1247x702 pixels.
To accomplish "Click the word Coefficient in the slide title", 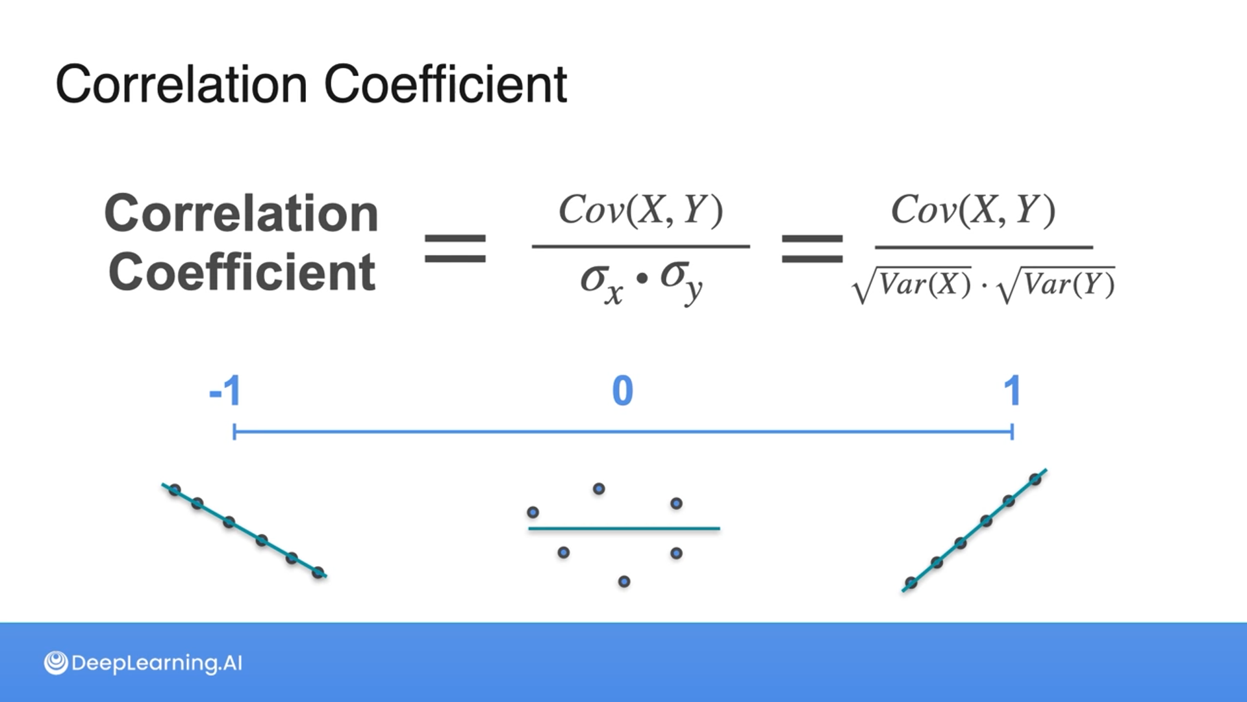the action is point(446,84).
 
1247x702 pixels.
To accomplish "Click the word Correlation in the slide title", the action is point(181,84).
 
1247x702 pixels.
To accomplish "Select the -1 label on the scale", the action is point(225,391).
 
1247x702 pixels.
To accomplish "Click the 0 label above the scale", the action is point(622,391).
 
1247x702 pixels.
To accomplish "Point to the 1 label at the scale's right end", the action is point(1012,391).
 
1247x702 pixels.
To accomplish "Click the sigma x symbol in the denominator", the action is point(601,283).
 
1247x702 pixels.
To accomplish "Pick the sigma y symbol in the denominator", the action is point(681,281).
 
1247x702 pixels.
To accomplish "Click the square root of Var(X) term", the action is point(912,285).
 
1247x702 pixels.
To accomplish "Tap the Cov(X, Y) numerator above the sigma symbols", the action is point(640,210).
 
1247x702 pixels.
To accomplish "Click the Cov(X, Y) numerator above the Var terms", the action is point(973,210).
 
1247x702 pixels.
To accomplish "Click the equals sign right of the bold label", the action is point(455,248).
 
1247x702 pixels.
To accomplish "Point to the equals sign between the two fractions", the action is point(812,248).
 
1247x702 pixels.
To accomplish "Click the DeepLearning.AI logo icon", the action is point(56,663).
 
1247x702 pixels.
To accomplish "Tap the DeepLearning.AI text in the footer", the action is point(157,663).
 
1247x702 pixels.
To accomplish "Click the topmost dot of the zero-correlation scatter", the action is point(599,489).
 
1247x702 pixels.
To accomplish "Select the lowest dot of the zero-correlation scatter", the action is point(623,582).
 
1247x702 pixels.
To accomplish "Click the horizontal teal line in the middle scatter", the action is point(623,528).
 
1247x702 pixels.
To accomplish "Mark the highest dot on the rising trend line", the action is point(1035,480).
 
